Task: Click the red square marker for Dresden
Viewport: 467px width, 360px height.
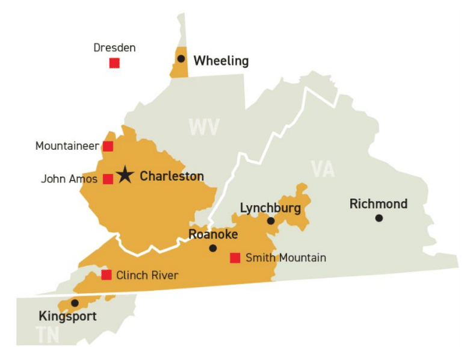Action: coord(114,63)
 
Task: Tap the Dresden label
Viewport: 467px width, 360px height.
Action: coord(115,47)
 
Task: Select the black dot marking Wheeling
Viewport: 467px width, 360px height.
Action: coord(181,58)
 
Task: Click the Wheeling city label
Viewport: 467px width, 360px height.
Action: coord(221,61)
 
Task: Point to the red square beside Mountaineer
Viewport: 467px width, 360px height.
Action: coord(108,146)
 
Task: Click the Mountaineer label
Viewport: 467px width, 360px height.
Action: coord(67,146)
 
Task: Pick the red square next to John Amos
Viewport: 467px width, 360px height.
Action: coord(108,179)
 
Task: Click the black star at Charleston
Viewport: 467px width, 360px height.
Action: coord(125,175)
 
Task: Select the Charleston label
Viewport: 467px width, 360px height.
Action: coord(172,176)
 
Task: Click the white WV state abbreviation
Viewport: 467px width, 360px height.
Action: coord(204,128)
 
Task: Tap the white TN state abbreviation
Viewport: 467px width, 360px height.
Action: coord(47,334)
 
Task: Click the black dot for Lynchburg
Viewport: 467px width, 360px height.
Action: coord(271,221)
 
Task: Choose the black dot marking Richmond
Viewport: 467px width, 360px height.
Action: coord(379,218)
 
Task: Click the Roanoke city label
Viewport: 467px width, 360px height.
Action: coord(213,234)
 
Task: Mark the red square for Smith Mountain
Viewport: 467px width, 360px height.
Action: coord(235,258)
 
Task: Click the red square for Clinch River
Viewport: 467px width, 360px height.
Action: coord(107,275)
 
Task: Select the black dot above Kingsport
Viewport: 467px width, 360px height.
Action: coord(75,303)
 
